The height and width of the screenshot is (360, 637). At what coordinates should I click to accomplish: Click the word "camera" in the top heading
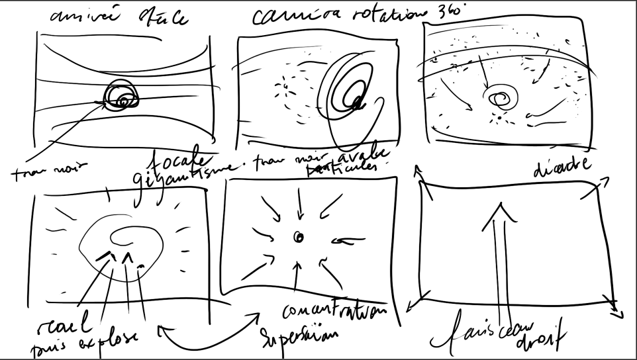pos(289,17)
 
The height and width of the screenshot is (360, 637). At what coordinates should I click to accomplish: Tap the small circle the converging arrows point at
pos(298,237)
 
